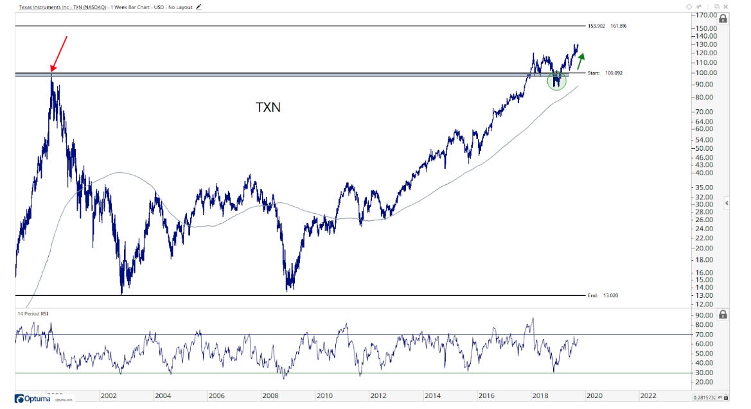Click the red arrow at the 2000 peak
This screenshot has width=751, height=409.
(x=58, y=53)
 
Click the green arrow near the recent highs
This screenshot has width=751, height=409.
(x=581, y=61)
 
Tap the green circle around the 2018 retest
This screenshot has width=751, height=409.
(x=557, y=81)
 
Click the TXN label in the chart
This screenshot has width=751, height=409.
(x=269, y=107)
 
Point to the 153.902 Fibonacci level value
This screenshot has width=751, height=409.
(x=597, y=26)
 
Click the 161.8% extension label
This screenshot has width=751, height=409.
(x=617, y=26)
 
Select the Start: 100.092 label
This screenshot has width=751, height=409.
(x=605, y=73)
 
